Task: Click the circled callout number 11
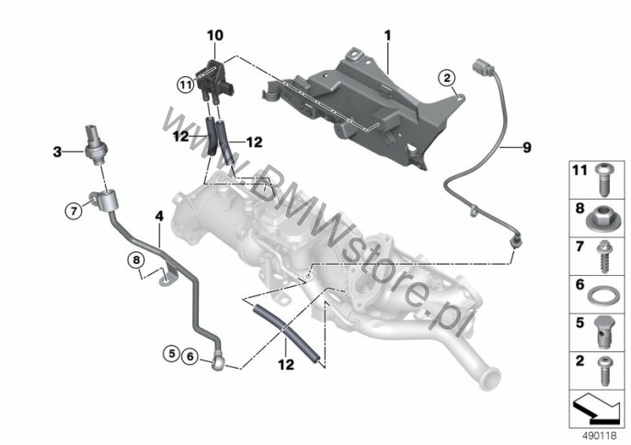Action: point(186,85)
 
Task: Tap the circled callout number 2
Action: point(447,77)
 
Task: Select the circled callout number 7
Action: point(74,211)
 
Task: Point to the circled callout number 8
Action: point(136,260)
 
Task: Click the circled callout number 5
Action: point(172,354)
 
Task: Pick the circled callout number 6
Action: point(190,356)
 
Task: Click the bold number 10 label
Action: point(215,36)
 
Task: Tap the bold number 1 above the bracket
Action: point(387,36)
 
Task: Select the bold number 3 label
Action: point(58,152)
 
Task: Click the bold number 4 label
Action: point(160,216)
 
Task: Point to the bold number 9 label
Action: point(527,148)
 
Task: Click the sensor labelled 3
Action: point(96,145)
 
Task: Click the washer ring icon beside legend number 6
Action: point(601,297)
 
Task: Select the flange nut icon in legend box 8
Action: point(601,219)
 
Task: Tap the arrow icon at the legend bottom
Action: point(595,409)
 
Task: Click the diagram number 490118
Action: point(599,436)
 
